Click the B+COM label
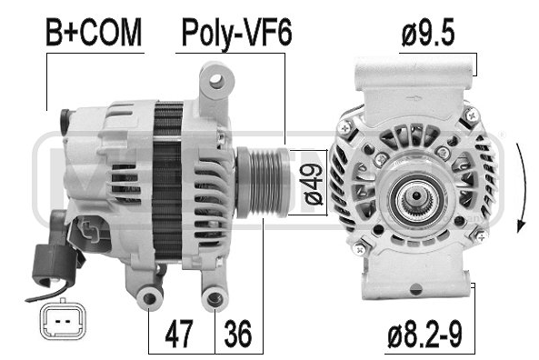(x=94, y=33)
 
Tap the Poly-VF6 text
(x=236, y=34)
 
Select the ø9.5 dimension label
(x=428, y=33)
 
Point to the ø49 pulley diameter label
(x=314, y=184)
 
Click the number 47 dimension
(x=179, y=333)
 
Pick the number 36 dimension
(x=238, y=333)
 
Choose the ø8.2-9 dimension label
(x=425, y=333)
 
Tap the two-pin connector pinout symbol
(x=63, y=322)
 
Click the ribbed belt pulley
(x=263, y=182)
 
